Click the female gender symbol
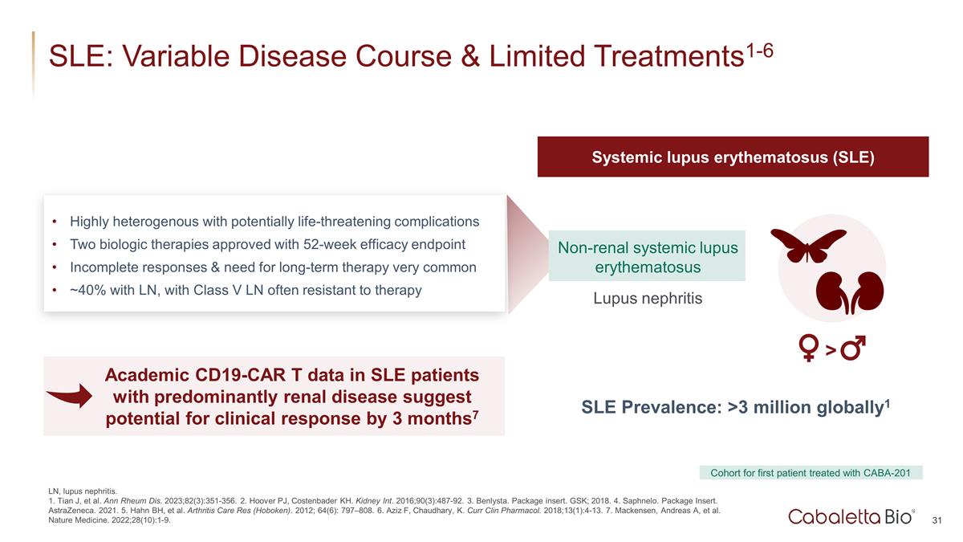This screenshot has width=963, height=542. (x=808, y=348)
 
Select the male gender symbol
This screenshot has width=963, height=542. (x=853, y=347)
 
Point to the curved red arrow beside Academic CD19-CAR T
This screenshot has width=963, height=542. (x=70, y=396)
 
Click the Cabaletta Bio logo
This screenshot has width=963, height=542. (x=851, y=516)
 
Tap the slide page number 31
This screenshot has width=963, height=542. (x=937, y=520)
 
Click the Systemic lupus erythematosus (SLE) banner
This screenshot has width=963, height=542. (x=733, y=157)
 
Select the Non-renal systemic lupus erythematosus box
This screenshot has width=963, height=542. (x=647, y=256)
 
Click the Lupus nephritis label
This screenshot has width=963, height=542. (x=648, y=298)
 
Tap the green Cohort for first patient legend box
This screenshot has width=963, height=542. (x=811, y=473)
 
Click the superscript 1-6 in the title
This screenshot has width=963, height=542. (x=760, y=51)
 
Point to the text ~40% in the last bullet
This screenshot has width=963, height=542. (x=88, y=291)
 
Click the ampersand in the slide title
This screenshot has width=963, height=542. (x=470, y=56)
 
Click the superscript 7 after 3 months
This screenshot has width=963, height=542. (x=475, y=414)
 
